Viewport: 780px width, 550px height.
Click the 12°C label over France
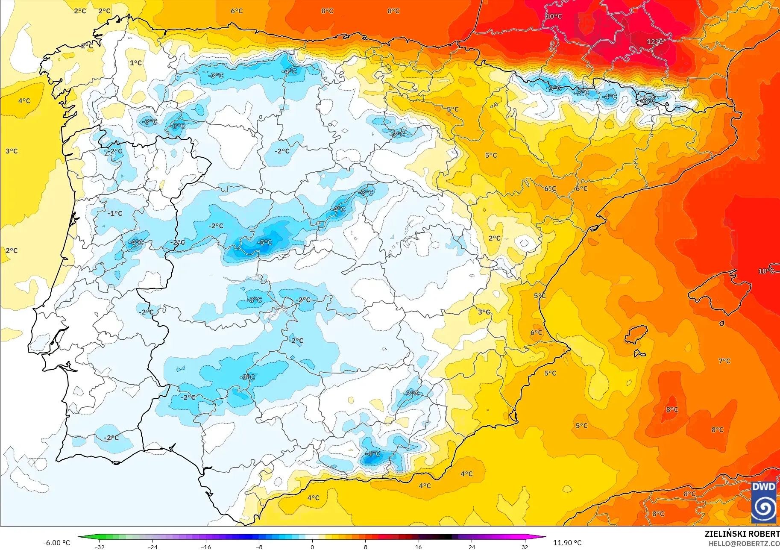(x=654, y=42)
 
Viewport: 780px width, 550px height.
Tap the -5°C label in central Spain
(x=264, y=242)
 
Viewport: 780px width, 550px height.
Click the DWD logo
(x=763, y=502)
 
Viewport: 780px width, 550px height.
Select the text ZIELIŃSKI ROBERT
(x=742, y=534)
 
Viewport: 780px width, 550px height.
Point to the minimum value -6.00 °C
(x=56, y=543)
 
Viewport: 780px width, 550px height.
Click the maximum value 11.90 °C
(x=567, y=543)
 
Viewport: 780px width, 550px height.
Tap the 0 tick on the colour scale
(x=312, y=547)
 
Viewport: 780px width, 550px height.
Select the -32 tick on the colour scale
(x=100, y=547)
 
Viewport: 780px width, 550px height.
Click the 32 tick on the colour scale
(x=525, y=547)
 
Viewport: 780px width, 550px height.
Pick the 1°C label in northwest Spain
(x=136, y=63)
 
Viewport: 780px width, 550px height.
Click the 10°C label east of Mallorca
(x=765, y=271)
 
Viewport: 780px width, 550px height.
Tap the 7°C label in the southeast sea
(x=724, y=361)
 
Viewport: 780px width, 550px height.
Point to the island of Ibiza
(x=636, y=334)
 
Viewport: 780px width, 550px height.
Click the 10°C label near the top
(x=554, y=16)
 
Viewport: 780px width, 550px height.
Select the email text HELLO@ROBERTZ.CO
(x=744, y=544)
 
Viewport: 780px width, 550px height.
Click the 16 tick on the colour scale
(x=418, y=547)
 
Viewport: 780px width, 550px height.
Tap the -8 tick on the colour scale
(x=259, y=547)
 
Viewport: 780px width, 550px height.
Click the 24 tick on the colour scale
(x=472, y=547)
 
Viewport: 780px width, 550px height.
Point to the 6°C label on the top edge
(x=237, y=11)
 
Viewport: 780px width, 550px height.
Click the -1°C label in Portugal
(x=114, y=213)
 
